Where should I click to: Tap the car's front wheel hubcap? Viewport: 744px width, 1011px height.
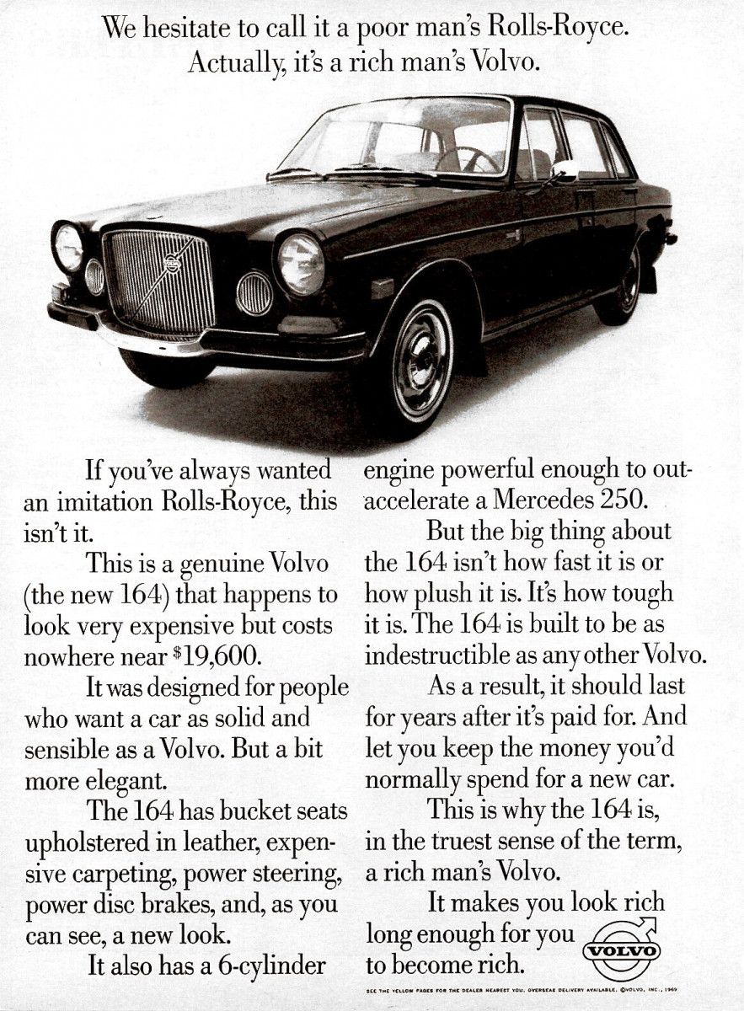coord(421,358)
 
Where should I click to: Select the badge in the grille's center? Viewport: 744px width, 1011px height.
coord(173,263)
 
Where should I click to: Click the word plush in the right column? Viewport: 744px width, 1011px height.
coord(437,594)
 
